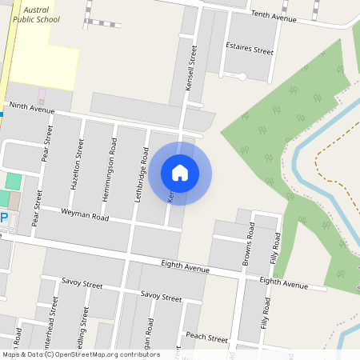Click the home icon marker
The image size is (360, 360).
(x=180, y=172)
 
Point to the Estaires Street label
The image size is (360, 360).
(x=250, y=50)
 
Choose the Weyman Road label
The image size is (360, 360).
(x=85, y=215)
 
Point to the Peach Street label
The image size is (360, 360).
(x=206, y=338)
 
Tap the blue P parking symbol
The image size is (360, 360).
(x=3, y=218)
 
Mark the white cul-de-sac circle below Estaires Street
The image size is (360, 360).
(x=241, y=76)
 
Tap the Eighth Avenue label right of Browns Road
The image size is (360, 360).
(x=283, y=282)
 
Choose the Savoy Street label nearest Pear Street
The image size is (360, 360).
(x=82, y=285)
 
